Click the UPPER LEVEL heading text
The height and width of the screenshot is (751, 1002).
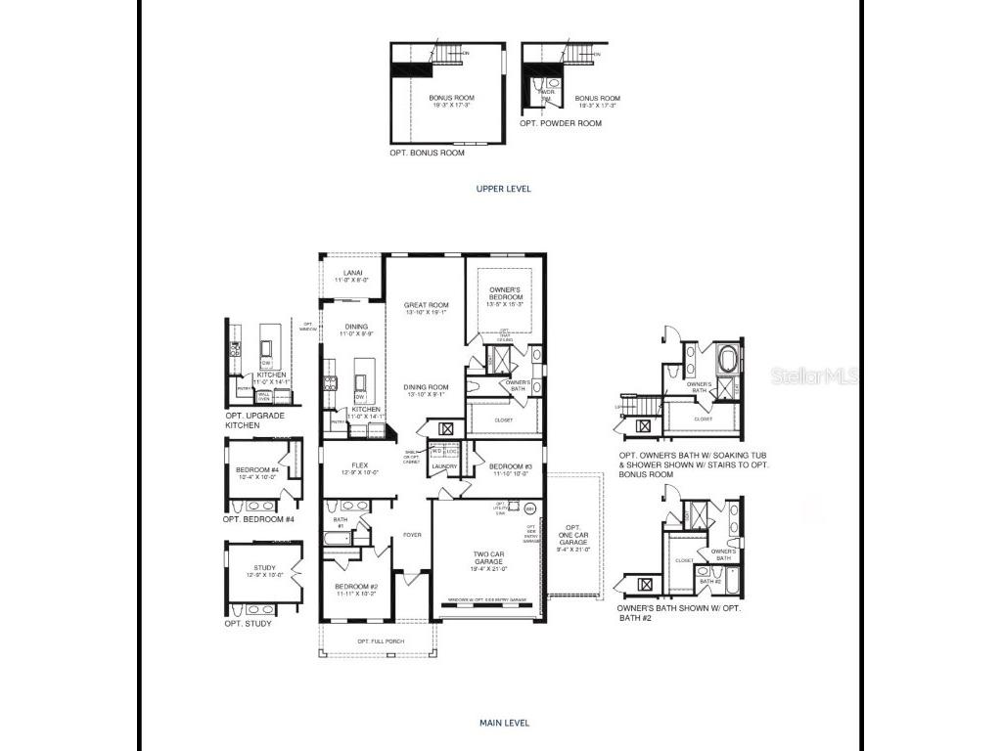(x=503, y=189)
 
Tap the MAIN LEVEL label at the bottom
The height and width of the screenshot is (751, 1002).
(x=504, y=723)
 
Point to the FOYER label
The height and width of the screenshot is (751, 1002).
(x=412, y=535)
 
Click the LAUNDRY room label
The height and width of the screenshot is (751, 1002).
(x=445, y=466)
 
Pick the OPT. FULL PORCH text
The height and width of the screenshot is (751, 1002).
(x=376, y=641)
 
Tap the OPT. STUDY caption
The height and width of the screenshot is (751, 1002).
(x=249, y=623)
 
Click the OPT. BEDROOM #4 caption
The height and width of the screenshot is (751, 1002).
(x=258, y=519)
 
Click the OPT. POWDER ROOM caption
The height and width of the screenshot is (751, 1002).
(x=561, y=123)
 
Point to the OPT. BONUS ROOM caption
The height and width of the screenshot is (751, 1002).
(x=427, y=153)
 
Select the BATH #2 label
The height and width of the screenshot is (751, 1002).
(x=709, y=582)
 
